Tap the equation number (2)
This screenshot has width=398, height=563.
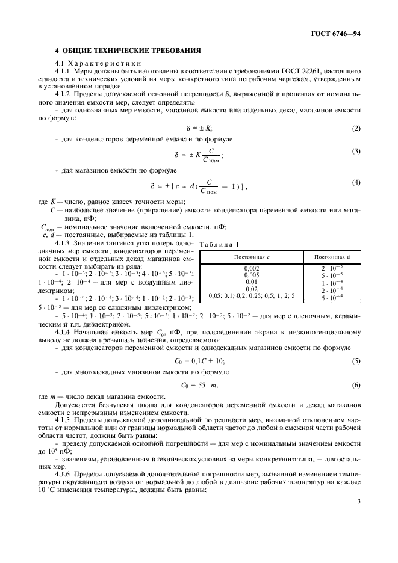point(356,128)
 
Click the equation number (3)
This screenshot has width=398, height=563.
point(356,151)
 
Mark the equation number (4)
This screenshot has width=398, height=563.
point(356,182)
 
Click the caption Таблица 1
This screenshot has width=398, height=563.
point(218,244)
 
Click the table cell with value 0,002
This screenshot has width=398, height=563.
point(252,266)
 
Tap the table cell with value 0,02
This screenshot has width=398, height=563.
point(252,289)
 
